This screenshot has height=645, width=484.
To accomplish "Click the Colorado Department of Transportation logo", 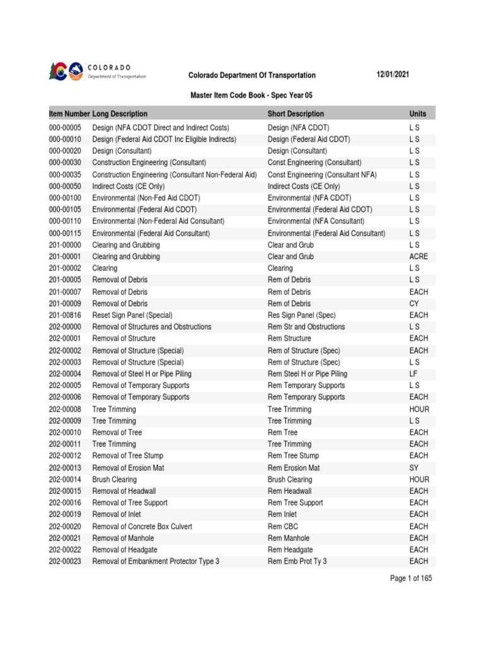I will click(x=97, y=71).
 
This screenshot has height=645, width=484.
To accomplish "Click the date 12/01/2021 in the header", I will click(x=391, y=75).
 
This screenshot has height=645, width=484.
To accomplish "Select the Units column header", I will click(x=417, y=114).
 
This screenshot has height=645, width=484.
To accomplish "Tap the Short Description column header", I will click(x=296, y=114).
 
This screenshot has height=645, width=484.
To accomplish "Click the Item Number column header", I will click(x=69, y=114).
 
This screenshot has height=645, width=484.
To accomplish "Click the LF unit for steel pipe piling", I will click(x=413, y=374).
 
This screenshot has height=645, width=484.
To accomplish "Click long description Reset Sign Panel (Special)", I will click(x=132, y=315).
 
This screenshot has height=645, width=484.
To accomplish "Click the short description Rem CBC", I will click(x=283, y=527).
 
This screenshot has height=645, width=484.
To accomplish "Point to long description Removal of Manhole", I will click(x=123, y=539).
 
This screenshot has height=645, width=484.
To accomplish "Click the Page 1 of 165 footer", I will click(x=411, y=578).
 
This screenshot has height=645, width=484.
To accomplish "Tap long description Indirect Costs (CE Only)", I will click(x=130, y=186).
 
